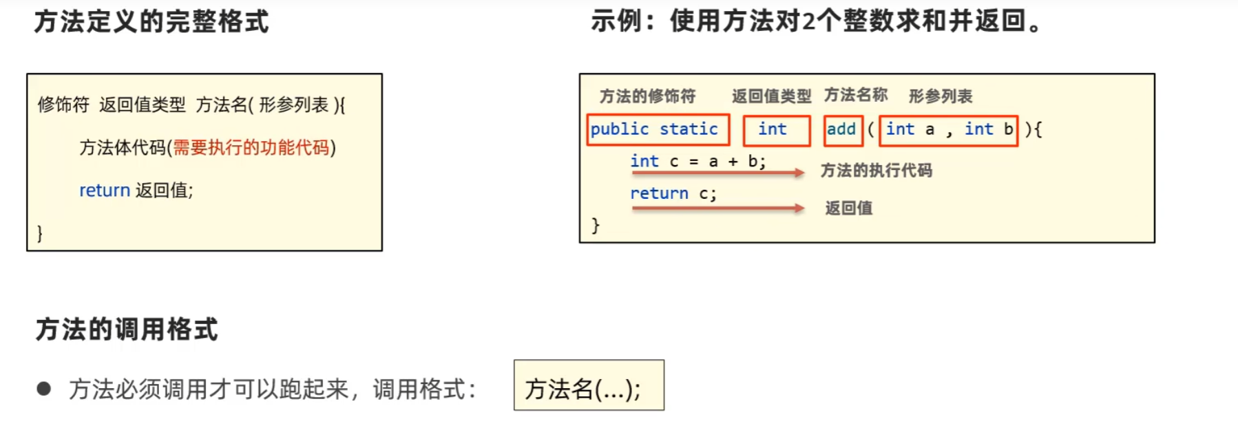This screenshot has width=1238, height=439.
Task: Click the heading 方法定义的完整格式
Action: point(151,22)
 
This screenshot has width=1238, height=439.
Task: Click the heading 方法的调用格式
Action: point(127,330)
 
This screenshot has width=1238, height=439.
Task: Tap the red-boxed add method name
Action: point(843,130)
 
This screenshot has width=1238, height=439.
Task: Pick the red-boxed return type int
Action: point(776,130)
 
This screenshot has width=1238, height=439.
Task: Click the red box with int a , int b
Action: point(948,130)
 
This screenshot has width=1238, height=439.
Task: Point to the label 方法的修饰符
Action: point(647,96)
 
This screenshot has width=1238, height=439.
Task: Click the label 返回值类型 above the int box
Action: point(771,96)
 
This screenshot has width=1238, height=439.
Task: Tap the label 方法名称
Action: point(856,95)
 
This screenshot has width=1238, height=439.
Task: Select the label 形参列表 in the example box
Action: point(941,96)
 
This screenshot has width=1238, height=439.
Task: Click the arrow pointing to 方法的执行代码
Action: point(718,173)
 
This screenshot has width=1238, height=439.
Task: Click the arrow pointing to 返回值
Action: point(718,208)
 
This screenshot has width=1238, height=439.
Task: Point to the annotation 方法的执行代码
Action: point(876,171)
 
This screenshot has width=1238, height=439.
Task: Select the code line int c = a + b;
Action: point(697,162)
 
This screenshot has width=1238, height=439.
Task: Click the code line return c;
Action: point(673,194)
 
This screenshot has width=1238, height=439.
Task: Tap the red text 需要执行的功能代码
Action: point(251,148)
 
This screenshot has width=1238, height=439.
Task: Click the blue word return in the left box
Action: point(105,191)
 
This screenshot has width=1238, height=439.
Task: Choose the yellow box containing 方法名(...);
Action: point(589,385)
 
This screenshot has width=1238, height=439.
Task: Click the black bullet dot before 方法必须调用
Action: point(44,389)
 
